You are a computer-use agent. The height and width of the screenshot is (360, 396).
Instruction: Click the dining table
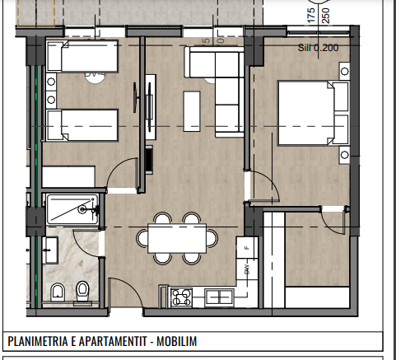point(175,239)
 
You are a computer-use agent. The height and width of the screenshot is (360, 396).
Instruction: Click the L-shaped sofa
point(216,78)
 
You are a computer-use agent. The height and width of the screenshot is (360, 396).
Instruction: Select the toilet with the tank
point(82,289)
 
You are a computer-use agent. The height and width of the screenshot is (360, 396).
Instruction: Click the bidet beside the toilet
point(57,291)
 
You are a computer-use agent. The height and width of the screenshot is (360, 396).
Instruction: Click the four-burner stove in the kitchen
point(181,296)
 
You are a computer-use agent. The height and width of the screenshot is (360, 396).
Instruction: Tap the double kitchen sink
point(220,296)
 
